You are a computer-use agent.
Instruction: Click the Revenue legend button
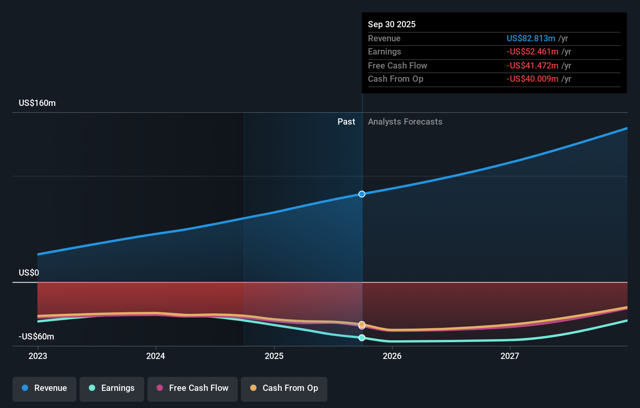[44, 389]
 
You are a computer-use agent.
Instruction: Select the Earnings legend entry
[112, 389]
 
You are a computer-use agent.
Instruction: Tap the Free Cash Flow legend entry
[193, 389]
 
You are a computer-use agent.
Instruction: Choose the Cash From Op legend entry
[284, 389]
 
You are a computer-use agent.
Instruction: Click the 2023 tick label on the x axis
[38, 356]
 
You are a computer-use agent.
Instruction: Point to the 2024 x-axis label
[156, 356]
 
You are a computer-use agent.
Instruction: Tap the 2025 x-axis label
[274, 356]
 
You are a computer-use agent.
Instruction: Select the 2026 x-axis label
[392, 356]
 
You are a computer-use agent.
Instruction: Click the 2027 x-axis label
[510, 356]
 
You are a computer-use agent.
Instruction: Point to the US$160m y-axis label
[37, 103]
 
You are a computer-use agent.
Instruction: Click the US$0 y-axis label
[29, 273]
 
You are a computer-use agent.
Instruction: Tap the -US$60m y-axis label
[36, 337]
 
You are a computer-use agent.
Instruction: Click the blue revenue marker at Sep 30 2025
[362, 194]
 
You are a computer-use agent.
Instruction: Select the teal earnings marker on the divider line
[362, 338]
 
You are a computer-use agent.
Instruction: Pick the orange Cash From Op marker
[362, 324]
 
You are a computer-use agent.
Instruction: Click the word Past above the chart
[346, 122]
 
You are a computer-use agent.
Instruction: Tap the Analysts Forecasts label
[405, 122]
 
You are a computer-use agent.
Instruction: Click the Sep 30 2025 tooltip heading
[392, 25]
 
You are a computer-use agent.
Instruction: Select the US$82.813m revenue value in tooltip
[530, 39]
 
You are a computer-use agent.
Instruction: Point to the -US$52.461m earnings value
[532, 52]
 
